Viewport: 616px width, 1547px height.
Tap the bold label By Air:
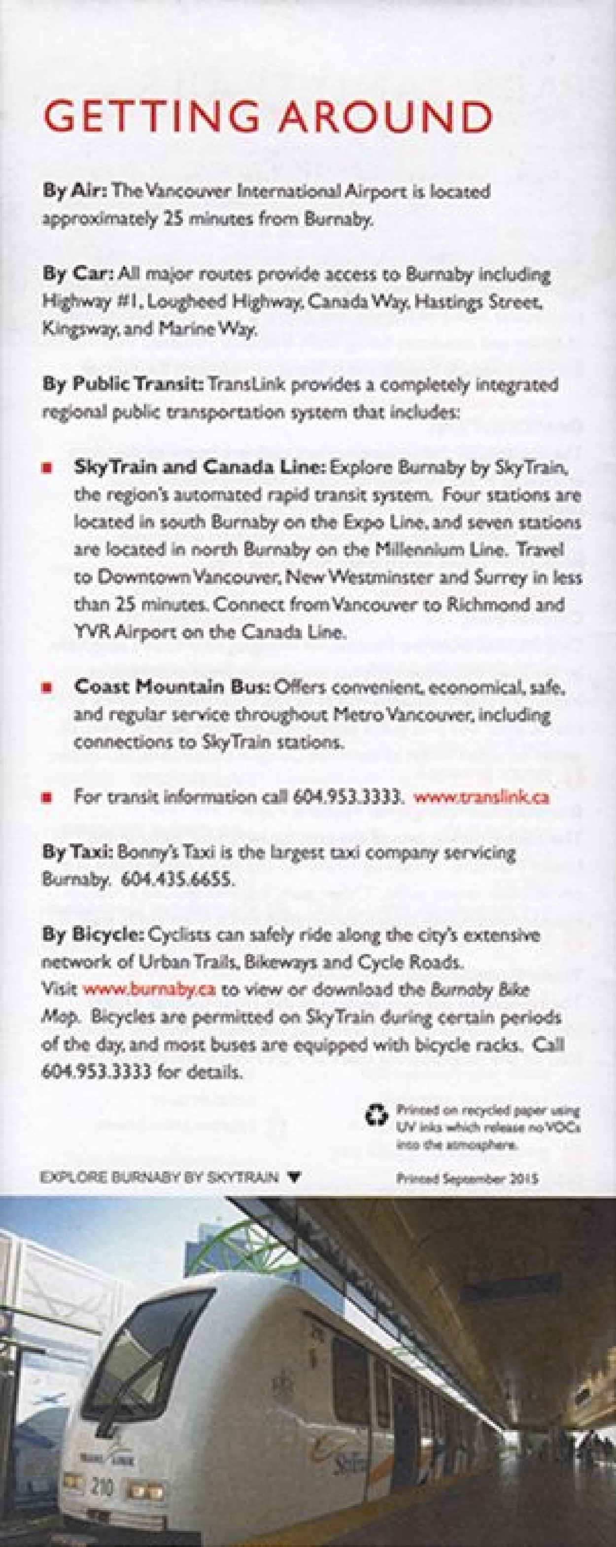(x=74, y=192)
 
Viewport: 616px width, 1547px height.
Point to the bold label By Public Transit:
(x=123, y=385)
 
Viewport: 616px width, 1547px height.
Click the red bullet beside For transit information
(x=46, y=798)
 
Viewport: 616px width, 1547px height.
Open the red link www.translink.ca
(x=481, y=797)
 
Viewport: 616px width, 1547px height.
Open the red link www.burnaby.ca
(x=149, y=989)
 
